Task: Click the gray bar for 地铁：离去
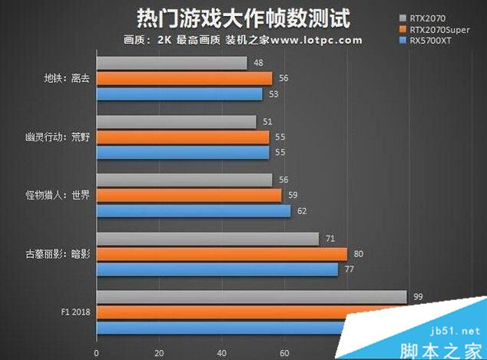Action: tap(171, 63)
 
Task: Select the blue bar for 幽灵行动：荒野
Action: tap(183, 152)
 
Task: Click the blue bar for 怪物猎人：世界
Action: tap(194, 210)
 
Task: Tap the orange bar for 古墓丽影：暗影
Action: tap(221, 254)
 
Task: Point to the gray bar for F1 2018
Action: tap(251, 297)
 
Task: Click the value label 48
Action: tap(258, 63)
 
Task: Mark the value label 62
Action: tap(301, 210)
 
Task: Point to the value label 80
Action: tap(358, 254)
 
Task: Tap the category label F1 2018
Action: tap(75, 312)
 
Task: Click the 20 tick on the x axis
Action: tap(159, 354)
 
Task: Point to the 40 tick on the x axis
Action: tap(221, 354)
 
